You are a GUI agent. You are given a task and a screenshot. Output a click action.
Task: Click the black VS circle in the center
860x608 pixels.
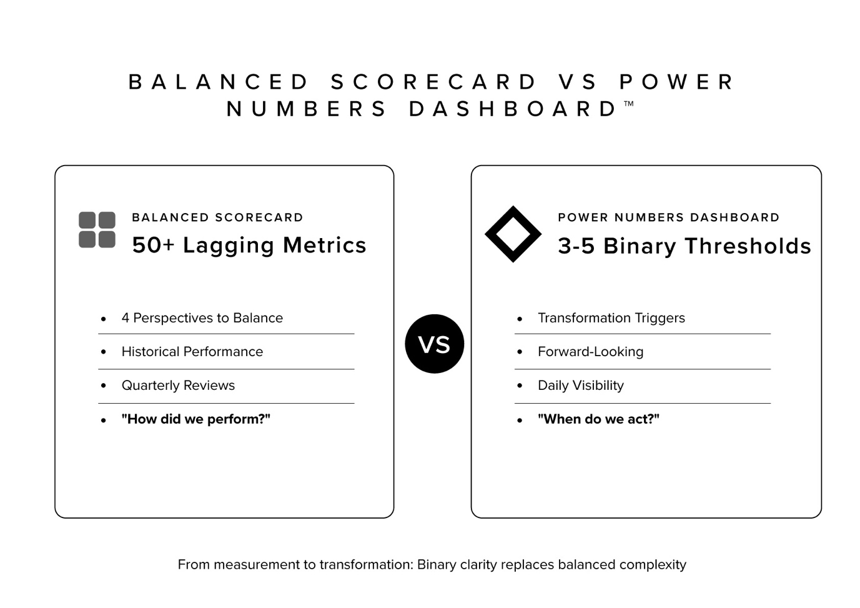pyautogui.click(x=434, y=344)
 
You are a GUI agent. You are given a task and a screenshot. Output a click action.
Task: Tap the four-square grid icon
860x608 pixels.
pyautogui.click(x=97, y=229)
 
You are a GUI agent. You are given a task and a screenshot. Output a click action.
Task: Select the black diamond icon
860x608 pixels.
pyautogui.click(x=513, y=234)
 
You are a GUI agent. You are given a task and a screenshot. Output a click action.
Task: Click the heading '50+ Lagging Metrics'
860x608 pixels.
pyautogui.click(x=249, y=245)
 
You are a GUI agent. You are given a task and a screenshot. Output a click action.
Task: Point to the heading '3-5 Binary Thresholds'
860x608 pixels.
pyautogui.click(x=684, y=246)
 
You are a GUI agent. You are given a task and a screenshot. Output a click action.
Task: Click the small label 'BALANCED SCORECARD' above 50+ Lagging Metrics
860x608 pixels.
pyautogui.click(x=217, y=217)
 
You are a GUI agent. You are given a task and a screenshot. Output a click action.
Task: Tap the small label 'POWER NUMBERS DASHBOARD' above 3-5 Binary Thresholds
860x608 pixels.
pyautogui.click(x=668, y=217)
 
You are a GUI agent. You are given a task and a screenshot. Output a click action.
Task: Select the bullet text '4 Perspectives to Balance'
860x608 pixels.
pyautogui.click(x=202, y=318)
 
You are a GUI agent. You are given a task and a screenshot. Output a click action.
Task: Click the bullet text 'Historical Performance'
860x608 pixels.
pyautogui.click(x=192, y=352)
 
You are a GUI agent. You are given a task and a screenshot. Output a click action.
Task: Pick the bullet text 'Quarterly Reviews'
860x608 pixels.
pyautogui.click(x=178, y=386)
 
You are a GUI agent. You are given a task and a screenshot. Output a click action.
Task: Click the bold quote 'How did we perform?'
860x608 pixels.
pyautogui.click(x=195, y=419)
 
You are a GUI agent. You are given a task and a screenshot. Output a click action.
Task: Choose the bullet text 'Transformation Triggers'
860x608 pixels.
pyautogui.click(x=611, y=318)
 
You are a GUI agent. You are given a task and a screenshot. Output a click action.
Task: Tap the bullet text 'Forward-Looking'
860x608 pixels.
pyautogui.click(x=590, y=352)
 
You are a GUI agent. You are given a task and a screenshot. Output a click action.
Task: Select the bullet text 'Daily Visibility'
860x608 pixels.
pyautogui.click(x=580, y=386)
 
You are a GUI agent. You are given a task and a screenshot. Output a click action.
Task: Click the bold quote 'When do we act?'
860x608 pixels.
pyautogui.click(x=598, y=419)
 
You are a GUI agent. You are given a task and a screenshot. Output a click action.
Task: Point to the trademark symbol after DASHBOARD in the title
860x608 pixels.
pyautogui.click(x=629, y=104)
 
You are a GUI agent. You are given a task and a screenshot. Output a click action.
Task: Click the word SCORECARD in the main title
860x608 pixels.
pyautogui.click(x=433, y=82)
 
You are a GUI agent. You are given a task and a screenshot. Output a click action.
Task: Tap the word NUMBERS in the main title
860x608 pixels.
pyautogui.click(x=307, y=109)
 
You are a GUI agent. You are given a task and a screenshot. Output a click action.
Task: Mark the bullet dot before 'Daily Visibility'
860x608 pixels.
pyautogui.click(x=520, y=386)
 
